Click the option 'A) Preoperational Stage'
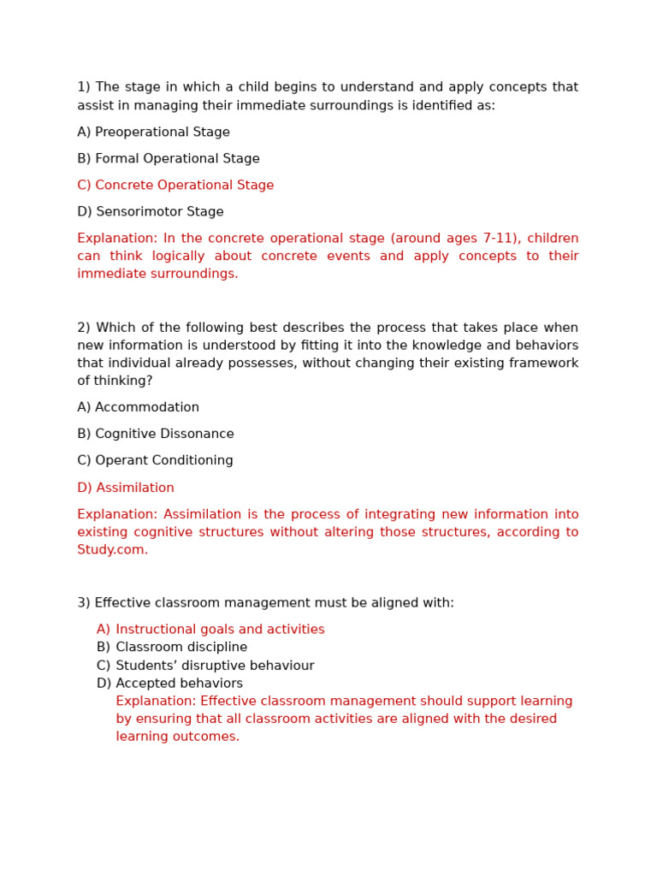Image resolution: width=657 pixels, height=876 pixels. pyautogui.click(x=153, y=133)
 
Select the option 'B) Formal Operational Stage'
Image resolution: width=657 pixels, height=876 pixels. pyautogui.click(x=169, y=159)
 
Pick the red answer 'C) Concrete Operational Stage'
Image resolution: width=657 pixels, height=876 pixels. pyautogui.click(x=175, y=186)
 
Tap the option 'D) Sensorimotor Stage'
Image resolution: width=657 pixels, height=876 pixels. pyautogui.click(x=151, y=212)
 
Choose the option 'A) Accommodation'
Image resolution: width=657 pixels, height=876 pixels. pyautogui.click(x=138, y=408)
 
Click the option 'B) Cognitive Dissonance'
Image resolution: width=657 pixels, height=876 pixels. pyautogui.click(x=156, y=435)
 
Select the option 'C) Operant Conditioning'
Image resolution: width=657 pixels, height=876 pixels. pyautogui.click(x=155, y=461)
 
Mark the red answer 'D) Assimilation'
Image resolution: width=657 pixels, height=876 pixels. pyautogui.click(x=126, y=488)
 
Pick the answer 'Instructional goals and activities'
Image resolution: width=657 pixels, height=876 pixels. pyautogui.click(x=220, y=630)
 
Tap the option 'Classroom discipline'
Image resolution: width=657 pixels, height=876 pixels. pyautogui.click(x=181, y=648)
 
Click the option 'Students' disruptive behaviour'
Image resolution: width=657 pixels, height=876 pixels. pyautogui.click(x=215, y=666)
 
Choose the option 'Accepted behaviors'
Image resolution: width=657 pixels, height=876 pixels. pyautogui.click(x=179, y=684)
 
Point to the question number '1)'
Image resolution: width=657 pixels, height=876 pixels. pyautogui.click(x=84, y=87)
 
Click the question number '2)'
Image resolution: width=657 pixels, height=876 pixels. pyautogui.click(x=84, y=328)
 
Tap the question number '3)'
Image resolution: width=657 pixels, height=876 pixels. pyautogui.click(x=84, y=603)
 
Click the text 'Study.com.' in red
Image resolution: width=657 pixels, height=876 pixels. pyautogui.click(x=112, y=550)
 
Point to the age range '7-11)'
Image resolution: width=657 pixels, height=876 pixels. pyautogui.click(x=500, y=239)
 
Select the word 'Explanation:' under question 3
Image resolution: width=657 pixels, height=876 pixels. pyautogui.click(x=156, y=701)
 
